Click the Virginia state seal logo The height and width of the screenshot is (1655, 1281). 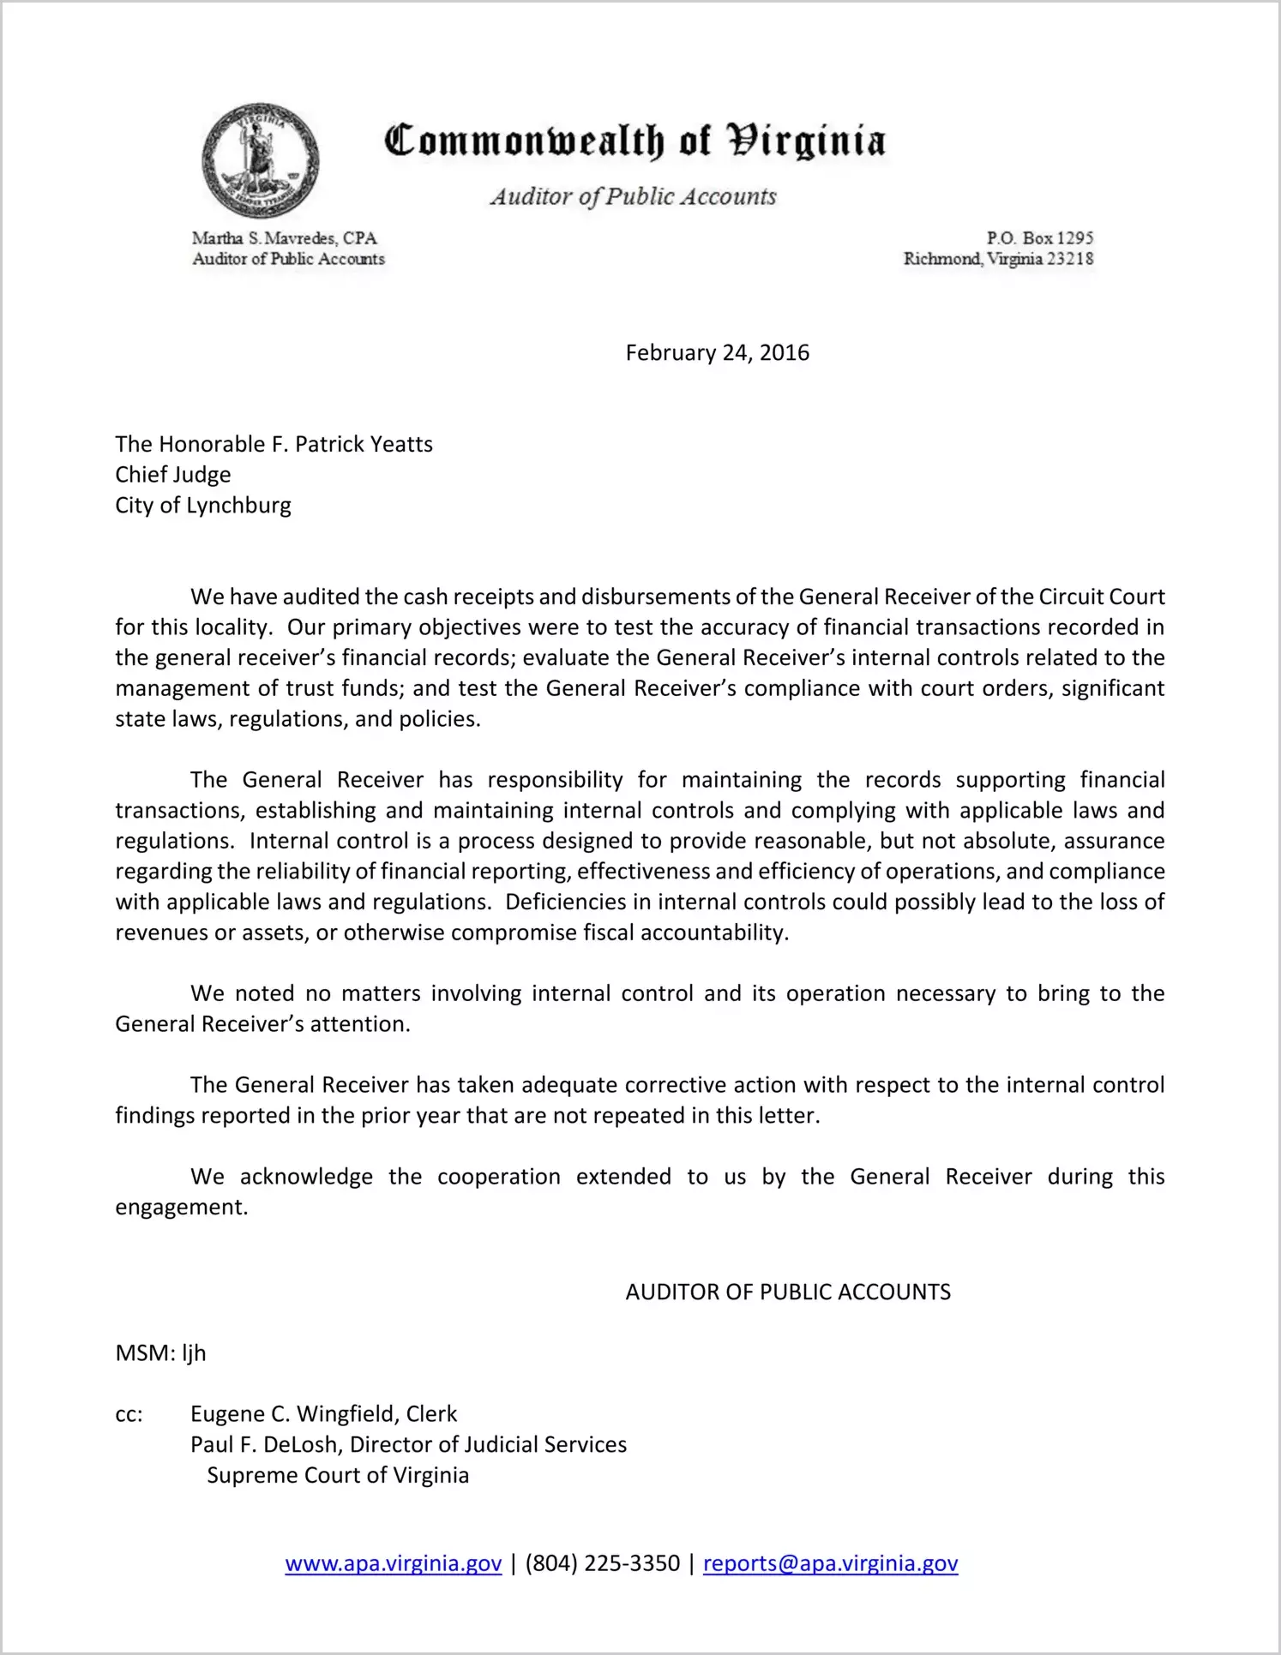pyautogui.click(x=261, y=160)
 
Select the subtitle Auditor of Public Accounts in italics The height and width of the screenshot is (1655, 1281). pyautogui.click(x=633, y=196)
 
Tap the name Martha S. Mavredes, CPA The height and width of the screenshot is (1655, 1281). pyautogui.click(x=284, y=238)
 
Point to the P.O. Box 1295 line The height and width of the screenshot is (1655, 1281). pyautogui.click(x=1039, y=238)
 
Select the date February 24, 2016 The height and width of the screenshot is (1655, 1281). pyautogui.click(x=717, y=353)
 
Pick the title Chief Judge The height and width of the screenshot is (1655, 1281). pyautogui.click(x=173, y=475)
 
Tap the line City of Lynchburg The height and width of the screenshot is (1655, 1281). pyautogui.click(x=203, y=506)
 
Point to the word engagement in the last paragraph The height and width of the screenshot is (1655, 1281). pyautogui.click(x=181, y=1208)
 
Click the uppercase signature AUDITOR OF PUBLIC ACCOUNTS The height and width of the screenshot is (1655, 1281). pyautogui.click(x=788, y=1292)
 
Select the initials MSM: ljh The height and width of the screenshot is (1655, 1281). pyautogui.click(x=160, y=1353)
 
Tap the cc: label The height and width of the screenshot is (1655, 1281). pyautogui.click(x=129, y=1415)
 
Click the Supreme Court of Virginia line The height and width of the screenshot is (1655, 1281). pyautogui.click(x=338, y=1476)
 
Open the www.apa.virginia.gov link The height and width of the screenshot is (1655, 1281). pyautogui.click(x=393, y=1564)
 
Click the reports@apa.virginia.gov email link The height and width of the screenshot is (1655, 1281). pyautogui.click(x=830, y=1564)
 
